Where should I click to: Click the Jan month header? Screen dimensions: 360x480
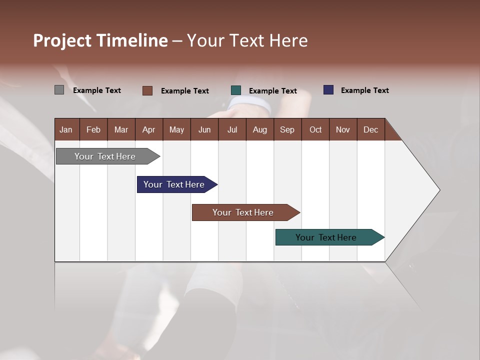[66, 129]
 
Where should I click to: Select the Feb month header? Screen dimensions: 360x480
[93, 129]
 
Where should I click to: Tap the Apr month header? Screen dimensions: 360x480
[149, 129]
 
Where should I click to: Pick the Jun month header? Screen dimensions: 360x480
[204, 129]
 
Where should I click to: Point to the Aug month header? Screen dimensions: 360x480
[260, 129]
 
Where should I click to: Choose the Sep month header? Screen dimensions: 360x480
[287, 129]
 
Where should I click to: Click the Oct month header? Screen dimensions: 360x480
[315, 129]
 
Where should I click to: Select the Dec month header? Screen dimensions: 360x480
[371, 129]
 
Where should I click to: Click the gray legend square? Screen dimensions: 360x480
[59, 90]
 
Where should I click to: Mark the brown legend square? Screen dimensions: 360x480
[147, 90]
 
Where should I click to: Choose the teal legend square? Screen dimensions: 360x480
[236, 90]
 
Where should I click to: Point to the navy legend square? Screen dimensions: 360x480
[328, 90]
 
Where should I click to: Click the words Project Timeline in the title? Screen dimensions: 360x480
[100, 40]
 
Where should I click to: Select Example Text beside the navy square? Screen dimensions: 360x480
[364, 90]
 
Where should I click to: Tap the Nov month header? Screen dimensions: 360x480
[343, 129]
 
